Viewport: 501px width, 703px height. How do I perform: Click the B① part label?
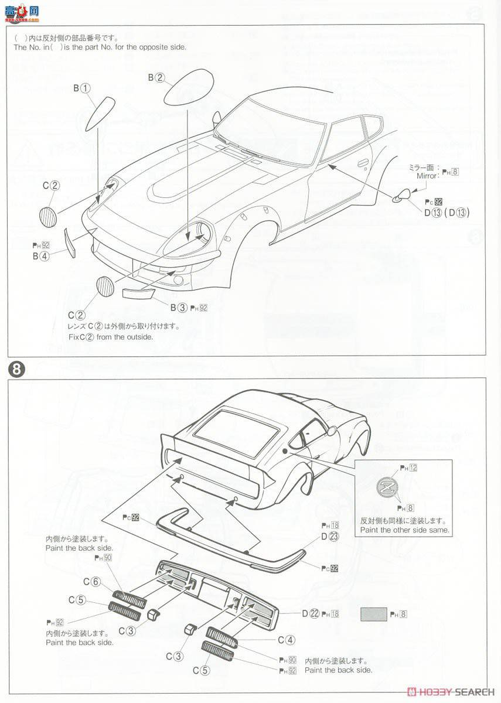(81, 88)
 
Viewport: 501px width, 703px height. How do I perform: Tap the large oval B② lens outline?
(189, 86)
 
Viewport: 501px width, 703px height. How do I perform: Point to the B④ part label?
(40, 256)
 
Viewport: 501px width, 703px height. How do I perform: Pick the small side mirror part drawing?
(401, 197)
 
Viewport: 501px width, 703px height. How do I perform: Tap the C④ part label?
(286, 640)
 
